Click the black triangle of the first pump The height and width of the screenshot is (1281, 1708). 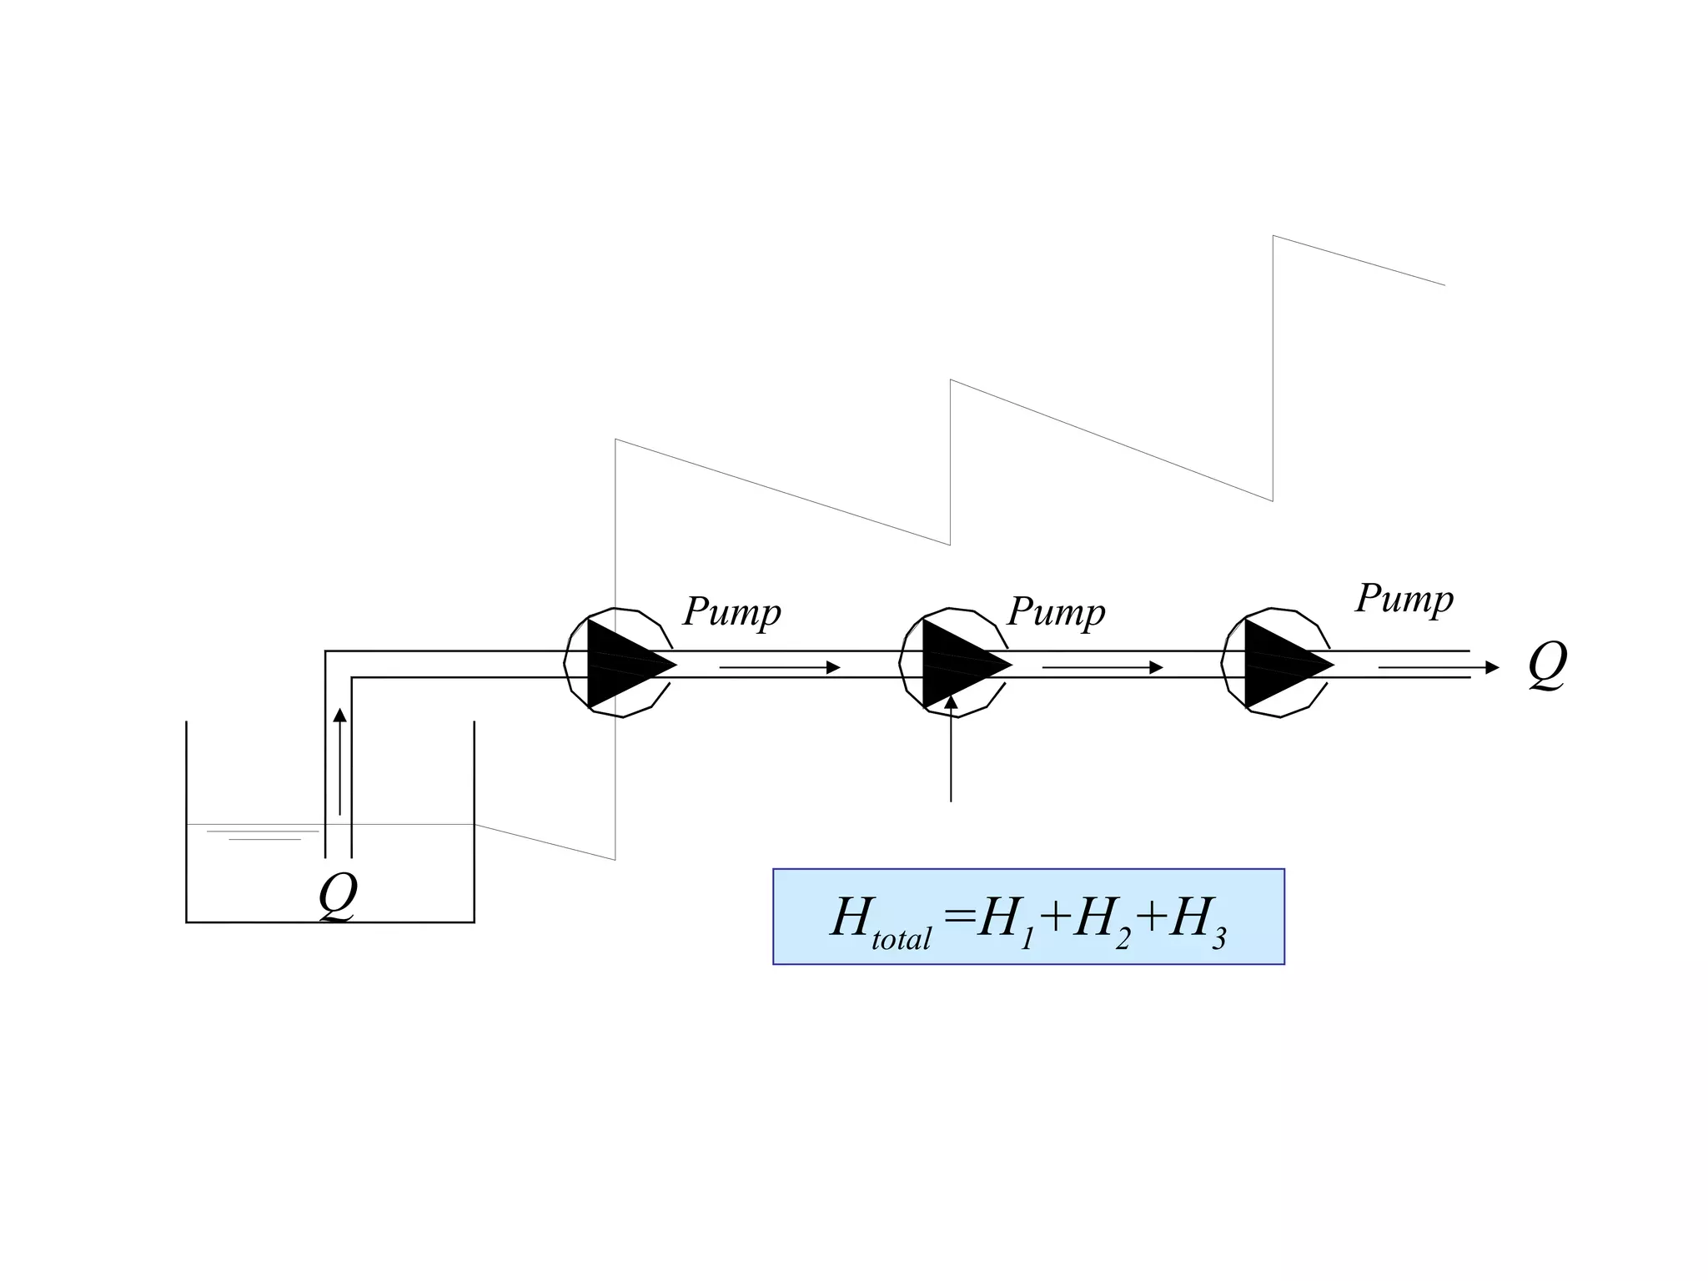pos(621,664)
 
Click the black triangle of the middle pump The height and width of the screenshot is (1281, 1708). pos(957,664)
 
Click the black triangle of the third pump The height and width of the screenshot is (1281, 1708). pos(1278,664)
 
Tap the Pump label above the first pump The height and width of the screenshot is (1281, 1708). pos(731,612)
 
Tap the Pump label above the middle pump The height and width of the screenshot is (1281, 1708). pos(1056,612)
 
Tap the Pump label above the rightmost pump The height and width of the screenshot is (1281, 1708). pos(1404,599)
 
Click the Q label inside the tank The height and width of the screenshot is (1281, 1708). pos(338,896)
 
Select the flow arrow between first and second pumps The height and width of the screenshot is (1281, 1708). pos(779,667)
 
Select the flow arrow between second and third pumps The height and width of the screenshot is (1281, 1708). pos(1102,667)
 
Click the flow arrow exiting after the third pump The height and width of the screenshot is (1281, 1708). pos(1438,667)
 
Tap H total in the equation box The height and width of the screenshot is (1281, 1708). pos(880,921)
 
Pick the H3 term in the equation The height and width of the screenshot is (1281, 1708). pos(1197,922)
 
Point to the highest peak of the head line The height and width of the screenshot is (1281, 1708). pos(1273,237)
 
